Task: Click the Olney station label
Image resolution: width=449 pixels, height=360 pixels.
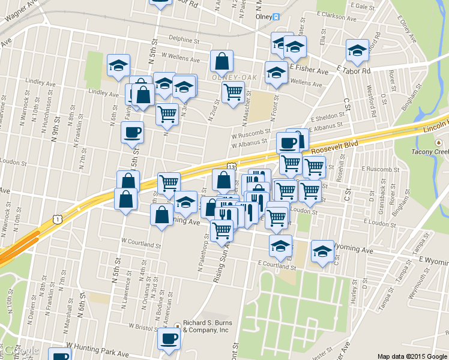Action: tap(261, 17)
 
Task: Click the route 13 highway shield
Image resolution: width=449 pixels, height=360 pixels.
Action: tap(231, 165)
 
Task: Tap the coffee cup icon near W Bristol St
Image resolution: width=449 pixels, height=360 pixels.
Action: tap(169, 338)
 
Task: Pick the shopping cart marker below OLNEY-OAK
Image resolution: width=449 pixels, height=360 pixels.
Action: tap(233, 92)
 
